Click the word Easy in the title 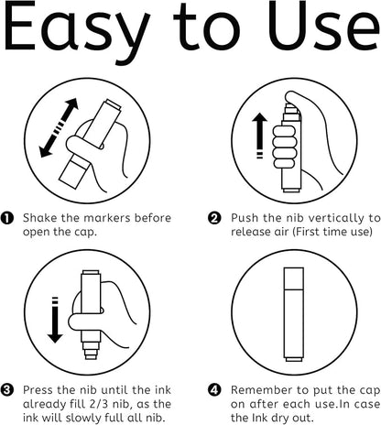[77, 30]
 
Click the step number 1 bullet [7, 218]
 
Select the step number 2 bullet [214, 218]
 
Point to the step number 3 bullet [7, 390]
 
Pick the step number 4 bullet [214, 390]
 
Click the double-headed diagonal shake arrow [59, 127]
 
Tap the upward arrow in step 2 [259, 136]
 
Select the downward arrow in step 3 [55, 320]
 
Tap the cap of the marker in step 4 [294, 278]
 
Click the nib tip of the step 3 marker [91, 356]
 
